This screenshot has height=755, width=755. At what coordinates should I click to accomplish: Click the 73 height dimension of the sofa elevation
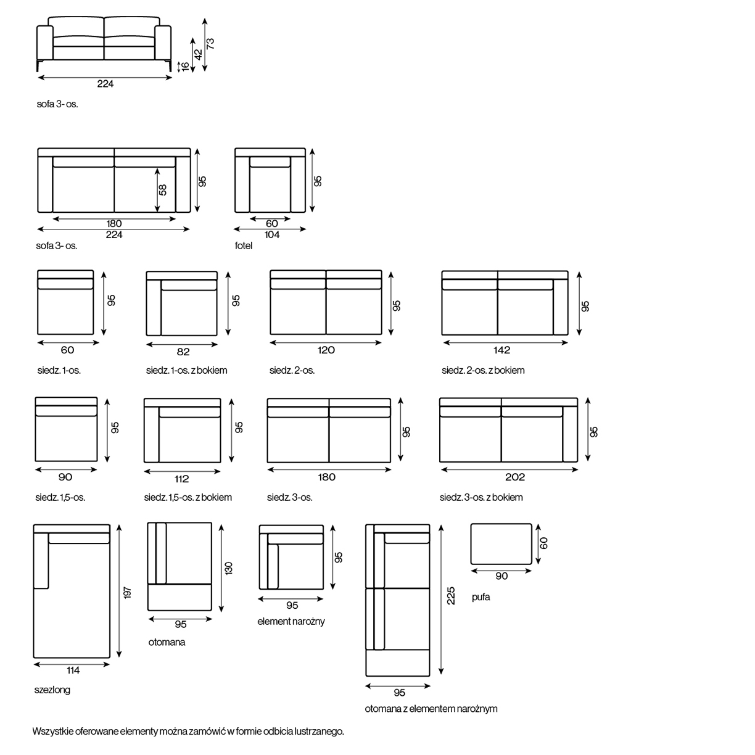210,44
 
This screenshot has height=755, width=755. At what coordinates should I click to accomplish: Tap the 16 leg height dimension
185,67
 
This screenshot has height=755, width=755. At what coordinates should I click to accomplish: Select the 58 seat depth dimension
163,190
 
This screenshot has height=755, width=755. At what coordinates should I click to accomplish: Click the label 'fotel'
243,245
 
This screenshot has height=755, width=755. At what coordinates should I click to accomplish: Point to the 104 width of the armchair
272,234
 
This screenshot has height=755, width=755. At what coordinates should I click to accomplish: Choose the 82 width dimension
183,352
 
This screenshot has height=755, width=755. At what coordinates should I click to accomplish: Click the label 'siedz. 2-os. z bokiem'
483,370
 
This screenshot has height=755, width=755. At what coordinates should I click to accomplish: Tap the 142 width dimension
502,350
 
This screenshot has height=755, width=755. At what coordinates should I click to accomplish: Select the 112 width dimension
181,479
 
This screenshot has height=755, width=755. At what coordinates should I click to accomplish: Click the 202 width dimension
515,477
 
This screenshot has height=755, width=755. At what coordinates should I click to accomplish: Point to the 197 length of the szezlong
128,592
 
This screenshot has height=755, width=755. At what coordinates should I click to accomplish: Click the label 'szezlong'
52,690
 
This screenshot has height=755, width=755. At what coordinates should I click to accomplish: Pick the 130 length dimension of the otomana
229,568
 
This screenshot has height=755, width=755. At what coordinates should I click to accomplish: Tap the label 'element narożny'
291,621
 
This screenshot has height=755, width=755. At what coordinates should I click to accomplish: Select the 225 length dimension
451,595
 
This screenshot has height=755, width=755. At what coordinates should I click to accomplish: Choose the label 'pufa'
481,597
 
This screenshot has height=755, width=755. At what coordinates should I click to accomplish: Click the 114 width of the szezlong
73,670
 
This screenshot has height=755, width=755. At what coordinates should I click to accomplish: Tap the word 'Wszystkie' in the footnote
53,731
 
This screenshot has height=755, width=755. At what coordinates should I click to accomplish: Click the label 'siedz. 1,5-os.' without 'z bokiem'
60,497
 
